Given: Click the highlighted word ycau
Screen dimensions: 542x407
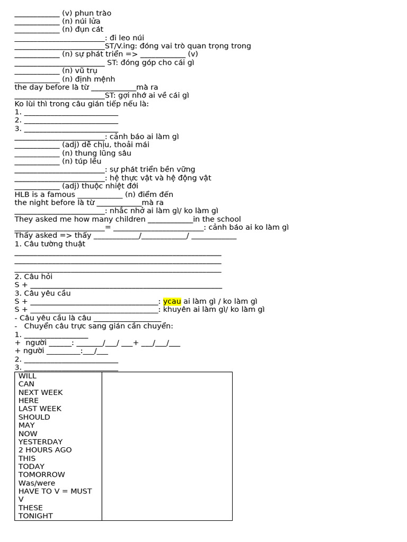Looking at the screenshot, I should (x=172, y=301).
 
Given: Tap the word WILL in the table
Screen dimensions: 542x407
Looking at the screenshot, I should (x=28, y=376).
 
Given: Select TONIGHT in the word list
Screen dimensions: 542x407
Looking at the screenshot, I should (x=36, y=516).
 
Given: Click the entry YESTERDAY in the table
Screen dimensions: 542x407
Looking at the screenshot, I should (x=40, y=441).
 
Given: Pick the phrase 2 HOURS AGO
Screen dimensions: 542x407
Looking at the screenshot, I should (x=45, y=450).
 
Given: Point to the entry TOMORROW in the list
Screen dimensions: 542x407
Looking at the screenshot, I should (x=41, y=474).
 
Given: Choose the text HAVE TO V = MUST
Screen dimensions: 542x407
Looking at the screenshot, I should (x=55, y=491).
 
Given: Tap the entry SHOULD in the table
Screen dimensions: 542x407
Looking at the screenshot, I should (x=34, y=417).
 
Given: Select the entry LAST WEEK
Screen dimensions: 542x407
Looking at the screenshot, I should (x=40, y=409).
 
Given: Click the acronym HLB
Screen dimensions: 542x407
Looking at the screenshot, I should (x=23, y=194).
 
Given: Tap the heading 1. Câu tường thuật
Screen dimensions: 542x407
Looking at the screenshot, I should (x=50, y=243).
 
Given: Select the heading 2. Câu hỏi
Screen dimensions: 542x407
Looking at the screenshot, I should (x=33, y=276).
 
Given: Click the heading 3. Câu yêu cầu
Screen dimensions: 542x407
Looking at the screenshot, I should (x=42, y=293).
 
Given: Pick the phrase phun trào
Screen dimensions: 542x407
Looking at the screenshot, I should (x=93, y=13).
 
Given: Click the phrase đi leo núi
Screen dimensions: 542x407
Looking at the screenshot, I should (x=127, y=38).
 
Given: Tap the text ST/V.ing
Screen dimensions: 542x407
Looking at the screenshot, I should (x=121, y=46).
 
